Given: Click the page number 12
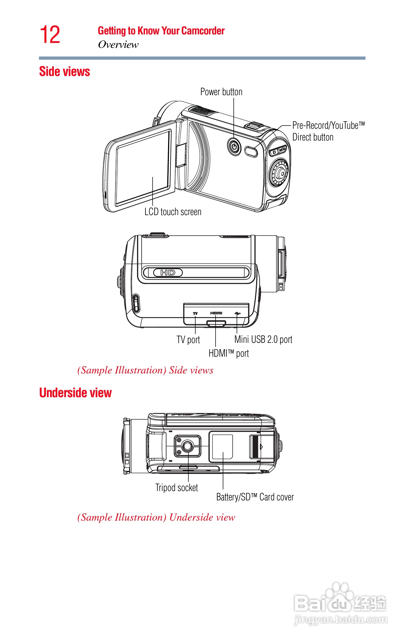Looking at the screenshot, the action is coord(50,35).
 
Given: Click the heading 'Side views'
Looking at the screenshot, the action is coord(64,71).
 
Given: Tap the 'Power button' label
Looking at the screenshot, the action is coord(221,92).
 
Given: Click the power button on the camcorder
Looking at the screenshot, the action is coord(235,147).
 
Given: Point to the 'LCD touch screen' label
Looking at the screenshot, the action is coord(173,212).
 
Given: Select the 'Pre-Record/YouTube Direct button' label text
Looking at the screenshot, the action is coord(328,131).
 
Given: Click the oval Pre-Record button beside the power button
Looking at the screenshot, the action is coord(251,151).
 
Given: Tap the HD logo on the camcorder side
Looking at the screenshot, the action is coord(168,273).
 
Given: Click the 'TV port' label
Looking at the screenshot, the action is coord(188,340).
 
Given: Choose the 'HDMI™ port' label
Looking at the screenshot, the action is coord(228,353).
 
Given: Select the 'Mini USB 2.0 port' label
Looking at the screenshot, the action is coord(263,339).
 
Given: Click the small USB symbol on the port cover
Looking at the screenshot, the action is coord(237,313).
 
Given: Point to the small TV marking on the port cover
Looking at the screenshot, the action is coord(195,313).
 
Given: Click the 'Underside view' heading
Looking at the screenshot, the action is coord(75,393).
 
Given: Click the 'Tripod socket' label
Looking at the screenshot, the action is coord(176,488).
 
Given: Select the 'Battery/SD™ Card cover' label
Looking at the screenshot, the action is coord(255,497).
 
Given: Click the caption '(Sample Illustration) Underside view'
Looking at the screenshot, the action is coord(156,517).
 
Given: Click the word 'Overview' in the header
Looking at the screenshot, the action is coord(118,45).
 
